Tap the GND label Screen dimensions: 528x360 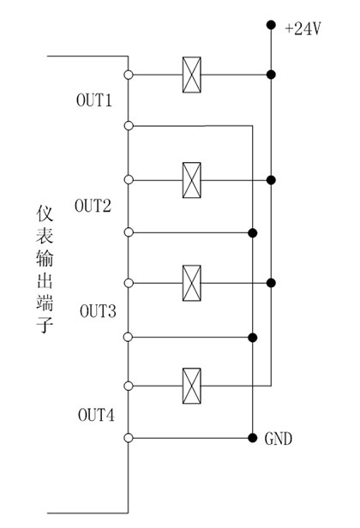[279, 439]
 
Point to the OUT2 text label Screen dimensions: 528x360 [93, 206]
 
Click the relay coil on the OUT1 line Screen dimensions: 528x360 [192, 75]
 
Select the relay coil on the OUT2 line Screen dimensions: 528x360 [192, 180]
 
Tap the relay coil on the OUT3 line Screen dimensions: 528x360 [192, 283]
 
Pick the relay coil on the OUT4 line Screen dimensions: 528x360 [192, 385]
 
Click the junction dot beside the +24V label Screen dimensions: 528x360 [271, 25]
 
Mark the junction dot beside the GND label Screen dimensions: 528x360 [252, 438]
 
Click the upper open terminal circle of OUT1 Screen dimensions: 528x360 [129, 75]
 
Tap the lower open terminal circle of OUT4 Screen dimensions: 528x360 [129, 438]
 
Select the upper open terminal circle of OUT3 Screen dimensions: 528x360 [129, 283]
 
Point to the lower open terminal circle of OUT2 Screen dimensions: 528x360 [129, 232]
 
